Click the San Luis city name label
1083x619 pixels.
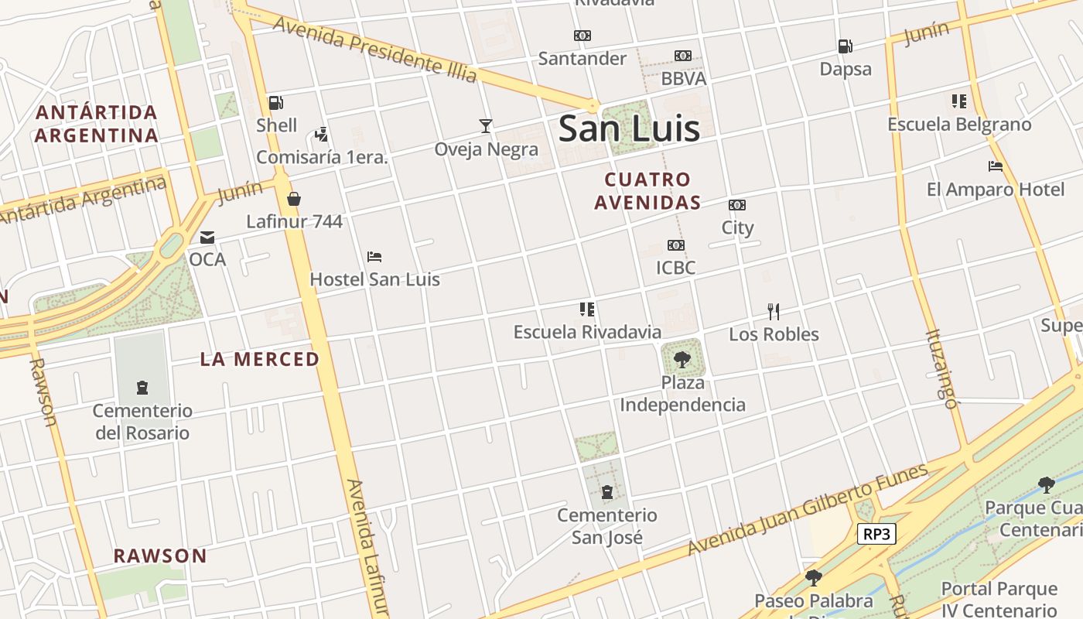pyautogui.click(x=629, y=128)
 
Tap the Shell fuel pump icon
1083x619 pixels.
pyautogui.click(x=275, y=103)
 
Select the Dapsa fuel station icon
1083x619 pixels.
pyautogui.click(x=845, y=46)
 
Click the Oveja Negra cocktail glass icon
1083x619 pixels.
pyautogui.click(x=485, y=125)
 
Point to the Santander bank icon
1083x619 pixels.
pyautogui.click(x=582, y=36)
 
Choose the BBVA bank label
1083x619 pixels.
pyautogui.click(x=683, y=79)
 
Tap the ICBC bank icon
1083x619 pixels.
pyautogui.click(x=675, y=245)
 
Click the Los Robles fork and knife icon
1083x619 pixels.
pyautogui.click(x=773, y=311)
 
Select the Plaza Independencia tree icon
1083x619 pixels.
pyautogui.click(x=682, y=359)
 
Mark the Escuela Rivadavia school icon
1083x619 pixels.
pyautogui.click(x=587, y=309)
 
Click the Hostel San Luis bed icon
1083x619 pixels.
pyautogui.click(x=374, y=257)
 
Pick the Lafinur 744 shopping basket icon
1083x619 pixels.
pyautogui.click(x=294, y=200)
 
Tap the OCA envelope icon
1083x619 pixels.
pyautogui.click(x=207, y=237)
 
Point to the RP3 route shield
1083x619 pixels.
pyautogui.click(x=876, y=534)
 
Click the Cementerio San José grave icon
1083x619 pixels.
pyautogui.click(x=607, y=492)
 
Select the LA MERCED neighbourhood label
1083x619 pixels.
pyautogui.click(x=259, y=359)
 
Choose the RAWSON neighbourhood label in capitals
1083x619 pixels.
pyautogui.click(x=160, y=556)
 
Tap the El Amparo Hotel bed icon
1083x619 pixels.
pyautogui.click(x=996, y=166)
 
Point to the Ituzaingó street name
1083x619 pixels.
pyautogui.click(x=941, y=368)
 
